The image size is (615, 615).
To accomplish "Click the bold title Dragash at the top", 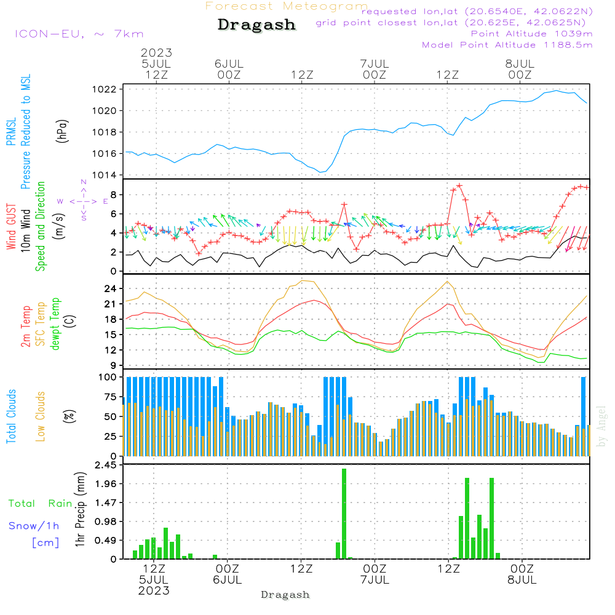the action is tap(256, 25).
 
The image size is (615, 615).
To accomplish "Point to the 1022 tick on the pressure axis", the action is tap(105, 89).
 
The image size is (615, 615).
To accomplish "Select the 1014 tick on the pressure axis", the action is tap(105, 175).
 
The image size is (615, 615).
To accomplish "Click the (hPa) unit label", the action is tap(62, 131).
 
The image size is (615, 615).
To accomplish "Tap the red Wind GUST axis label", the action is tap(11, 226).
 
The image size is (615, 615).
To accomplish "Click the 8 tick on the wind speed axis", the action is tap(113, 194).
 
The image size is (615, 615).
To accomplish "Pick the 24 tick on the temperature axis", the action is tap(110, 288).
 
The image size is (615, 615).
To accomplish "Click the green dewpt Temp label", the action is tap(55, 323).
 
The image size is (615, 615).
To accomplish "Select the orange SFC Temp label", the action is tap(41, 324).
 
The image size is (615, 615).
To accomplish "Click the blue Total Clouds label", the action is tap(11, 416).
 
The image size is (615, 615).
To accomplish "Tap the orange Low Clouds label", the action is tap(41, 416).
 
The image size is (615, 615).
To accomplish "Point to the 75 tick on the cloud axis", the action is tap(110, 397).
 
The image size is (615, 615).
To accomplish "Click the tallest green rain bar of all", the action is tap(344, 514).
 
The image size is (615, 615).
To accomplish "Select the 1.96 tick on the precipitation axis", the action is tap(106, 484).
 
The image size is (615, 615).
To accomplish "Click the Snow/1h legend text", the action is tap(34, 526).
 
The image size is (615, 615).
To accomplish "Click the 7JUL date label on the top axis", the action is tap(375, 63).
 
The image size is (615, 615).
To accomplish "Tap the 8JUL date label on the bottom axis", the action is tap(522, 580).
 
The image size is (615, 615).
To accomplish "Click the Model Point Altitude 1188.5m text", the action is tap(507, 45).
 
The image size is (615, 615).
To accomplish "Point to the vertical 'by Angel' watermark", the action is tap(601, 426).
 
